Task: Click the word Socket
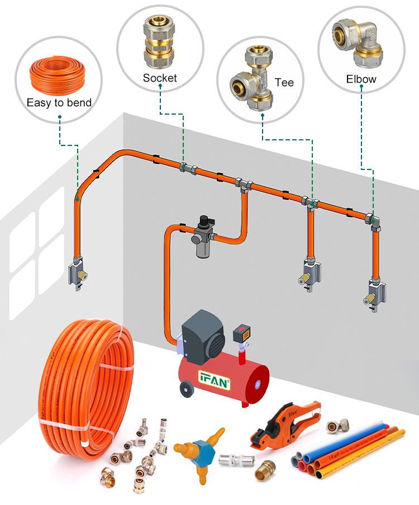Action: [x=160, y=78]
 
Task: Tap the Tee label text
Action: [x=284, y=82]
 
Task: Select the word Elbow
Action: [x=361, y=79]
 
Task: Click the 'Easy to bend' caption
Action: [x=59, y=102]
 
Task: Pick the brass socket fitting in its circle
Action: [x=160, y=43]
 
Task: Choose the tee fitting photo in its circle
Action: [x=251, y=79]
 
